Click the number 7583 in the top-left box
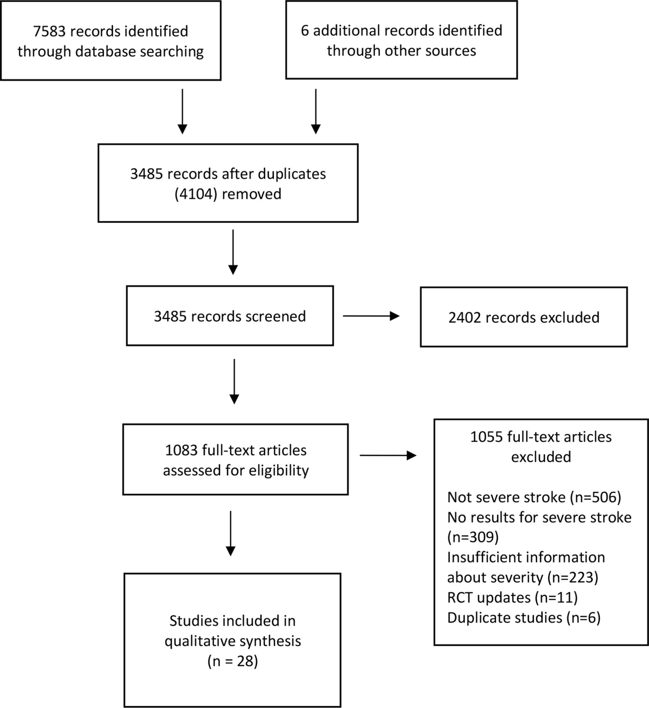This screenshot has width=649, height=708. tap(49, 31)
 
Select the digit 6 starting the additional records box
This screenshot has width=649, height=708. tap(305, 31)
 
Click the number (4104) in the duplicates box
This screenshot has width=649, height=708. tap(196, 194)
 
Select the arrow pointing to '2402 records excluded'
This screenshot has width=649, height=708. tap(371, 316)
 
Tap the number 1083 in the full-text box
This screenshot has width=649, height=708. tap(181, 450)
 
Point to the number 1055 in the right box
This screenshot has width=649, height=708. tap(486, 437)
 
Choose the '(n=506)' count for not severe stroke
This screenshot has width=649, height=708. tap(595, 498)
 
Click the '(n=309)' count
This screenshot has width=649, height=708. tap(473, 537)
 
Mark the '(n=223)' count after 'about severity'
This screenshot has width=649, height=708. tap(573, 577)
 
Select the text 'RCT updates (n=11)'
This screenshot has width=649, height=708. tap(512, 597)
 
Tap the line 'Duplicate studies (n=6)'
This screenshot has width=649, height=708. tap(524, 618)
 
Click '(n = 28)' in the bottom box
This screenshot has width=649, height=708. tap(233, 661)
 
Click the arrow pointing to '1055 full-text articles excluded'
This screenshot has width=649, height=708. tap(388, 455)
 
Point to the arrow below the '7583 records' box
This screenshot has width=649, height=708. tap(182, 111)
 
